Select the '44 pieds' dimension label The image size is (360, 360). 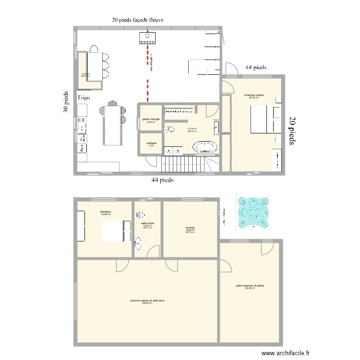[162, 180]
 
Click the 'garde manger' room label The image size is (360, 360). [151, 119]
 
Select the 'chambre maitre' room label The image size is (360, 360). [254, 95]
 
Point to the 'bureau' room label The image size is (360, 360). [191, 228]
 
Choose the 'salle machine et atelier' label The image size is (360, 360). [250, 286]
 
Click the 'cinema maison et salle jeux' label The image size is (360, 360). [147, 300]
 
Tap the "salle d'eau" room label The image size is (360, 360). [147, 223]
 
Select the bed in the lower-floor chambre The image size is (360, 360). [116, 231]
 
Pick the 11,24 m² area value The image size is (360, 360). [192, 129]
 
